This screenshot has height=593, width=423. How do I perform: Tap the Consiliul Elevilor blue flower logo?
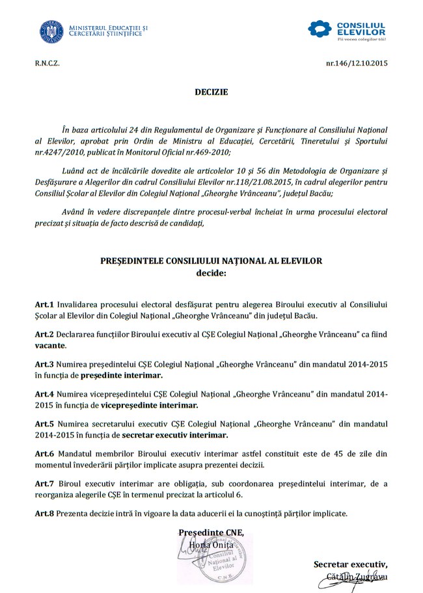point(320,29)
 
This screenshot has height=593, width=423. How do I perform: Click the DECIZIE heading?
point(211,92)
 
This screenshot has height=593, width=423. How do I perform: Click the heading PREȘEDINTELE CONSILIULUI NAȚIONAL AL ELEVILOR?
point(211,261)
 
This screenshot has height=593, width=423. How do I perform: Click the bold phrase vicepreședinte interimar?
point(141,405)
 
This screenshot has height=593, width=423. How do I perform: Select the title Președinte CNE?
point(211,533)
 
